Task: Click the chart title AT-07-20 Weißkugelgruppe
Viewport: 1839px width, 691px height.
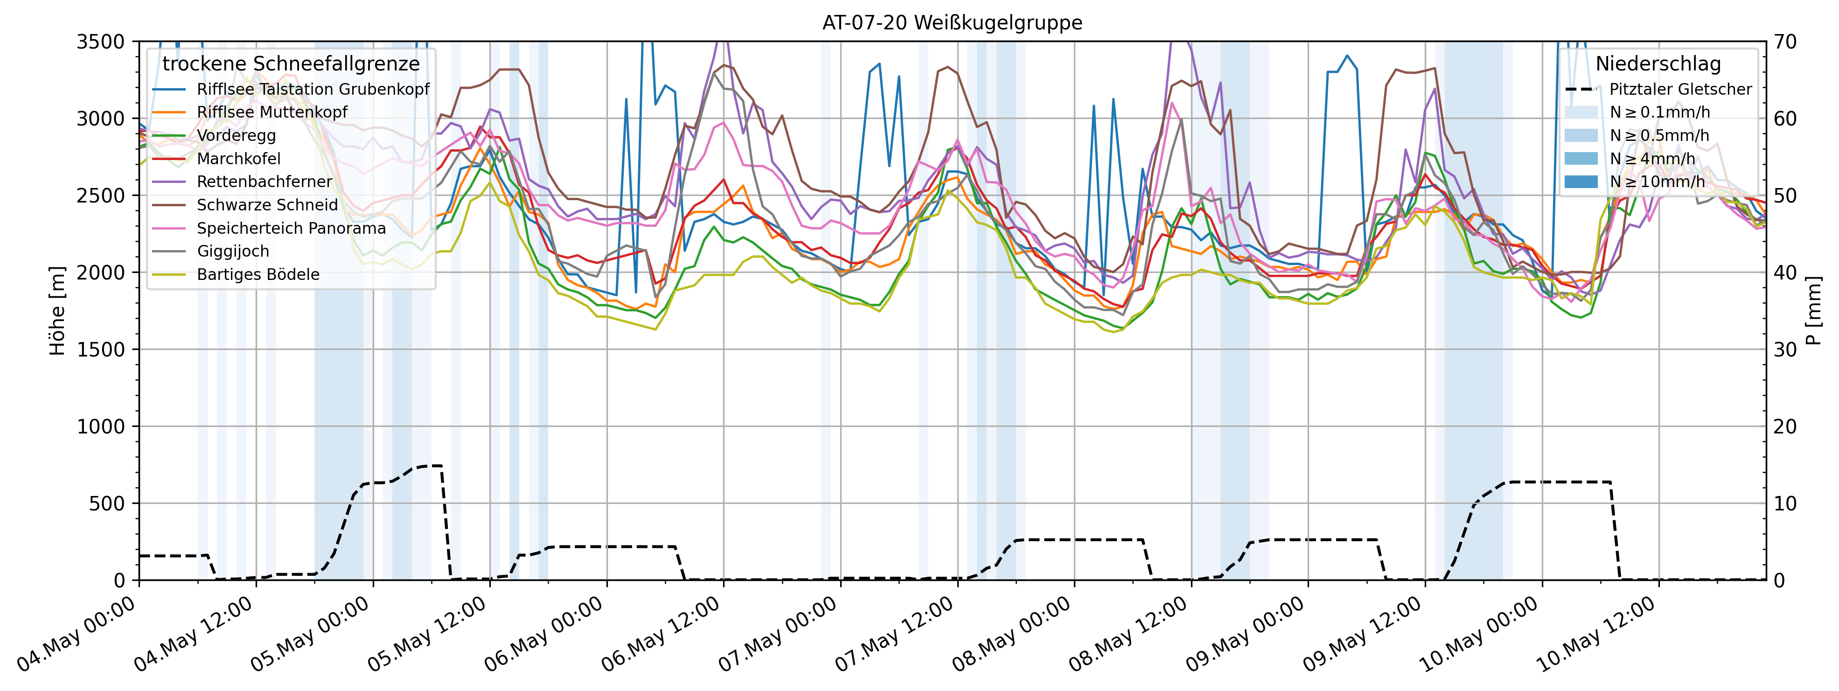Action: [952, 23]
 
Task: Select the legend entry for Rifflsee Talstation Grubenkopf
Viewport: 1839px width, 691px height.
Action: [313, 89]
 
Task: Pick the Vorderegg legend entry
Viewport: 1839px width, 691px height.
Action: [237, 136]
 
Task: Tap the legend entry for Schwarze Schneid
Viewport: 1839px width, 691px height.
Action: [267, 205]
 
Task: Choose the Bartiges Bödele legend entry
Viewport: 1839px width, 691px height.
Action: [258, 275]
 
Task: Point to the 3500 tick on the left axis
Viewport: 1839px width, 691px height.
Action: [100, 42]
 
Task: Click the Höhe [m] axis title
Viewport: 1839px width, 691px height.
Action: [57, 311]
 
